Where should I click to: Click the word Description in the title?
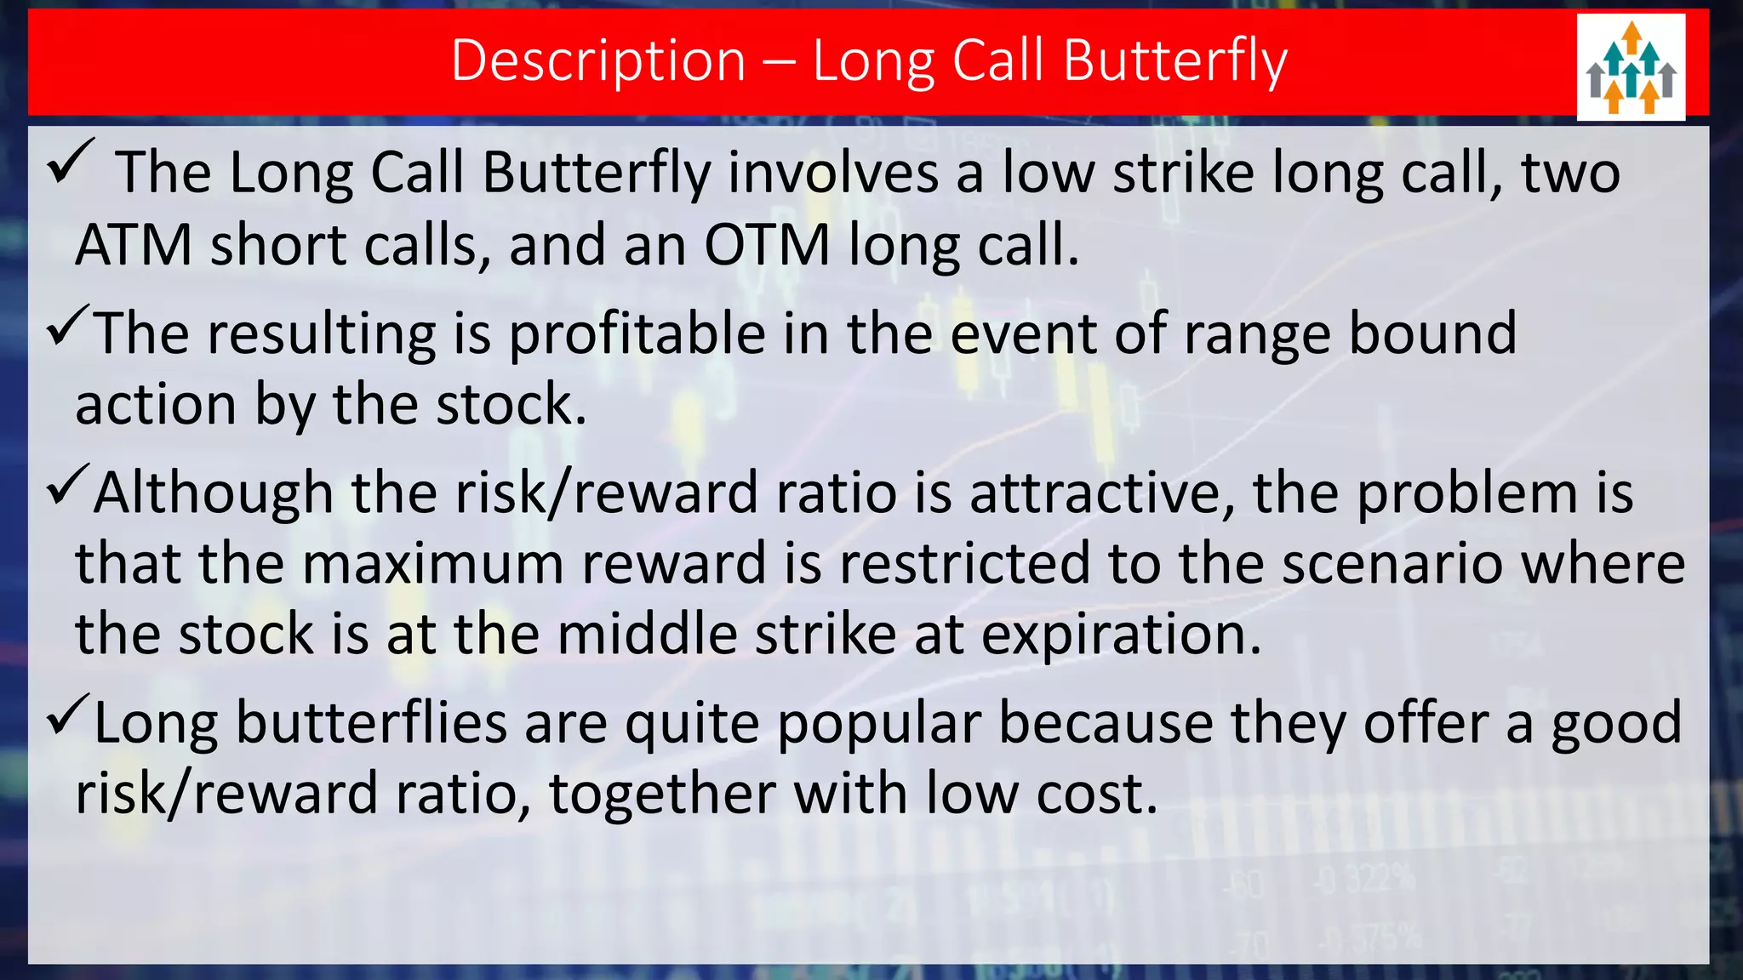point(598,61)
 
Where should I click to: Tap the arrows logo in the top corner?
point(1631,67)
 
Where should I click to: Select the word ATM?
point(134,246)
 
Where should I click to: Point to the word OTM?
point(767,246)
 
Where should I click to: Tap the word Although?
point(213,493)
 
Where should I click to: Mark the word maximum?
point(432,564)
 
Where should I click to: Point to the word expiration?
point(1120,635)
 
